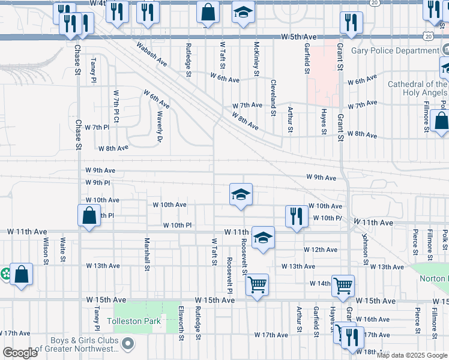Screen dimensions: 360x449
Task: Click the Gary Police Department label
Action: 397,50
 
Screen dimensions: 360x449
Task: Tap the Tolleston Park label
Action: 134,321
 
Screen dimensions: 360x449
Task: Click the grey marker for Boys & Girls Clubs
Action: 127,344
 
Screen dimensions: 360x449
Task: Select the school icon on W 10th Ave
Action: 241,194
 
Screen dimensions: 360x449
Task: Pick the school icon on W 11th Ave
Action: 263,238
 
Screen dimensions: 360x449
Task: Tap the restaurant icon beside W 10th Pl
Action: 295,217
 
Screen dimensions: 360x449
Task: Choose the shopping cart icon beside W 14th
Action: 343,286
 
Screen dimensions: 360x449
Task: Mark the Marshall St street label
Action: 146,254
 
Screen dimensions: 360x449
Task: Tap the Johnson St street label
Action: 364,247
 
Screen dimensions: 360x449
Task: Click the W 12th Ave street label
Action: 321,250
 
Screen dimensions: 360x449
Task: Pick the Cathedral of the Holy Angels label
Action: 417,89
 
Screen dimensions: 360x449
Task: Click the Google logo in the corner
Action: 20,353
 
